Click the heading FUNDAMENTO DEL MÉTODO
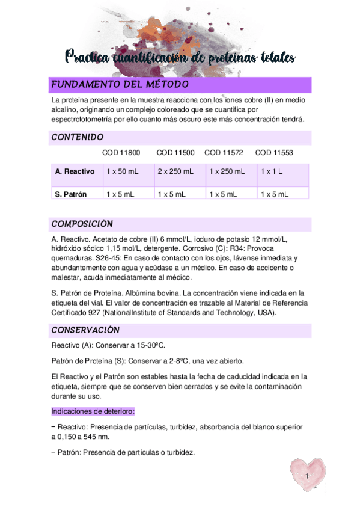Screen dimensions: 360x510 click(x=120, y=84)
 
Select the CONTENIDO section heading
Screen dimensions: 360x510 click(x=78, y=137)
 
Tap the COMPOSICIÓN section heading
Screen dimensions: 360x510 click(x=82, y=224)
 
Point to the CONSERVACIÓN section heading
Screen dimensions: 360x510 click(x=85, y=330)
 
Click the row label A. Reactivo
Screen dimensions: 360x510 click(x=75, y=171)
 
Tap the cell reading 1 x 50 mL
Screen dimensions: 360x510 click(x=122, y=171)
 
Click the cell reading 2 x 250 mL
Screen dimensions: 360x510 click(x=175, y=171)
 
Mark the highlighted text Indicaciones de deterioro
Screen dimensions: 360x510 click(x=93, y=411)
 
